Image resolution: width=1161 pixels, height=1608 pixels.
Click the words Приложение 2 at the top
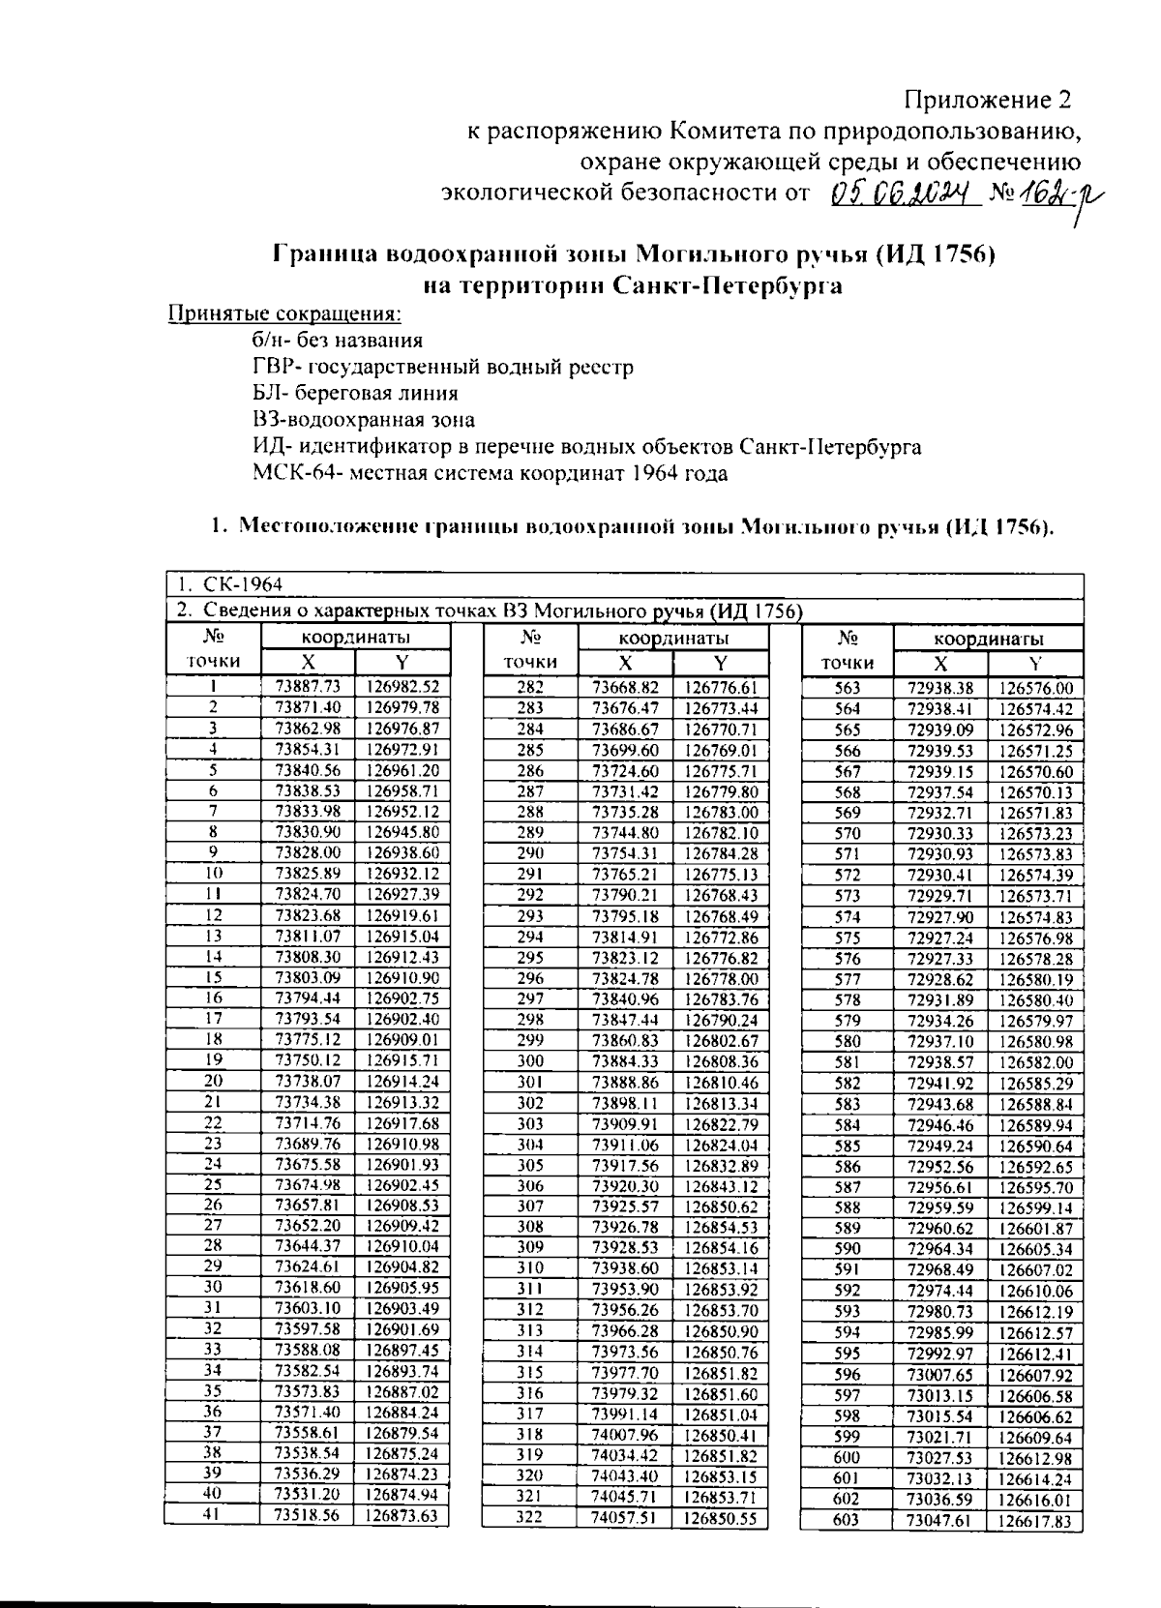pyautogui.click(x=988, y=100)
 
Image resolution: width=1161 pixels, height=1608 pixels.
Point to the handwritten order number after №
pyautogui.click(x=1050, y=196)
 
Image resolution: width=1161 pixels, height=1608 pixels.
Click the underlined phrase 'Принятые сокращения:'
pyautogui.click(x=285, y=314)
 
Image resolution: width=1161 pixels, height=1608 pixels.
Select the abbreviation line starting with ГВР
pyautogui.click(x=442, y=367)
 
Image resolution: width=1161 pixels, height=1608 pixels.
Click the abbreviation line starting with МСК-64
pyautogui.click(x=490, y=473)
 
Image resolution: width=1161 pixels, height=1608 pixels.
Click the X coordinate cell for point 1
pyautogui.click(x=308, y=687)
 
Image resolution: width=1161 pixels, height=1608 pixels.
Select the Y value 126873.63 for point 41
pyautogui.click(x=402, y=1515)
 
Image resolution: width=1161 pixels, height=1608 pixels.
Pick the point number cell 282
pyautogui.click(x=530, y=688)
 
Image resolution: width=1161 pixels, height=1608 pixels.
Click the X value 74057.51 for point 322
pyautogui.click(x=624, y=1518)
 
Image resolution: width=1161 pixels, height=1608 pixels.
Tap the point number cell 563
pyautogui.click(x=847, y=689)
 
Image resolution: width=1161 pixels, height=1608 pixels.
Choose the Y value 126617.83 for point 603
pyautogui.click(x=1035, y=1522)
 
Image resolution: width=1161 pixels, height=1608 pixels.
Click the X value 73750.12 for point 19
pyautogui.click(x=308, y=1059)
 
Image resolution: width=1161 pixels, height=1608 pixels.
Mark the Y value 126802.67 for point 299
pyautogui.click(x=721, y=1041)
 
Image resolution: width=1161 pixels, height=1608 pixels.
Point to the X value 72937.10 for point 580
pyautogui.click(x=939, y=1042)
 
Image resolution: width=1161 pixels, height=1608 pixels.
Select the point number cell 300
pyautogui.click(x=530, y=1061)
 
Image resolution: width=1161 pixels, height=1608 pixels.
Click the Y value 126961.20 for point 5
pyautogui.click(x=402, y=770)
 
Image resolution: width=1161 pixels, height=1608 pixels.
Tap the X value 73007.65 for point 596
pyautogui.click(x=939, y=1375)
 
